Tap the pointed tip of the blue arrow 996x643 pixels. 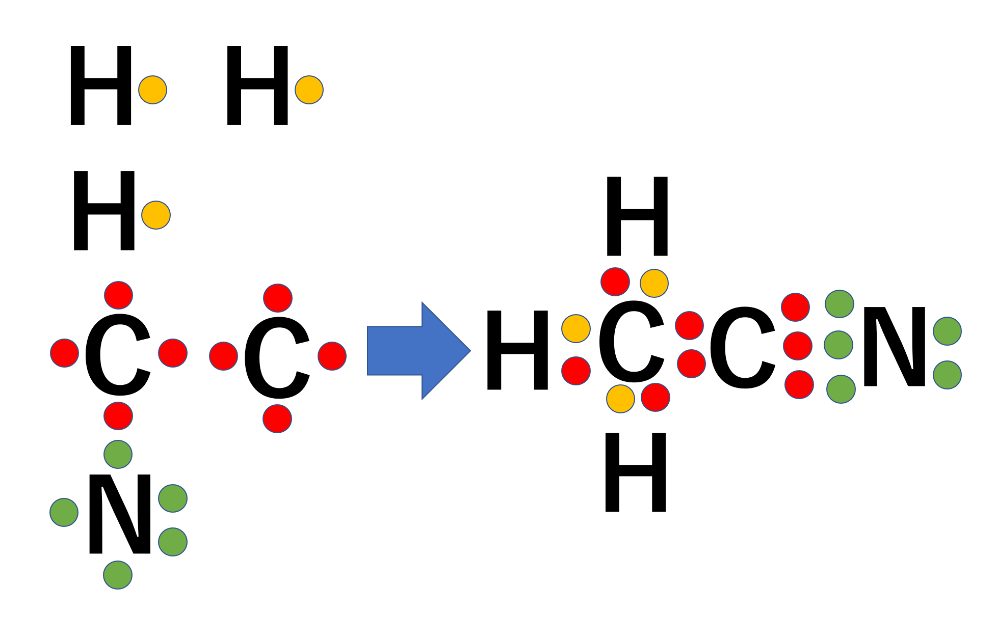coord(469,350)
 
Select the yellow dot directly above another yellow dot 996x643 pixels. coord(153,90)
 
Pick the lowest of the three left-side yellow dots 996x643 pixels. coord(156,215)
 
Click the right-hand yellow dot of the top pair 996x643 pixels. coord(309,90)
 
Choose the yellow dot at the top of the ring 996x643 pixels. coord(654,284)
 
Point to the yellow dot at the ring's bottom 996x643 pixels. coord(620,399)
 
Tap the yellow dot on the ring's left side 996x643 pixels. coord(576,328)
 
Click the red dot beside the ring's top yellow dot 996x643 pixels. coord(615,282)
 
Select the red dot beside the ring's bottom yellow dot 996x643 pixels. coord(656,397)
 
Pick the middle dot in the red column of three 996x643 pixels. coord(798,346)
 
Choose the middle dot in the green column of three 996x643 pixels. coord(838,345)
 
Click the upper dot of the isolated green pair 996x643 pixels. coord(947,331)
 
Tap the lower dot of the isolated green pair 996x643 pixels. coord(947,375)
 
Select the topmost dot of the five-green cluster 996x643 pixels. coord(118,454)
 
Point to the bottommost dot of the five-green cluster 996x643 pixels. coord(118,575)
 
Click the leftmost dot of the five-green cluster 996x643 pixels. coord(64,512)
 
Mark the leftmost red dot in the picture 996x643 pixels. coord(65,353)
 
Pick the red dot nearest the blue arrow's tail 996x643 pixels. coord(332,356)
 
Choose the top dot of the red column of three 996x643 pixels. coord(795,307)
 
